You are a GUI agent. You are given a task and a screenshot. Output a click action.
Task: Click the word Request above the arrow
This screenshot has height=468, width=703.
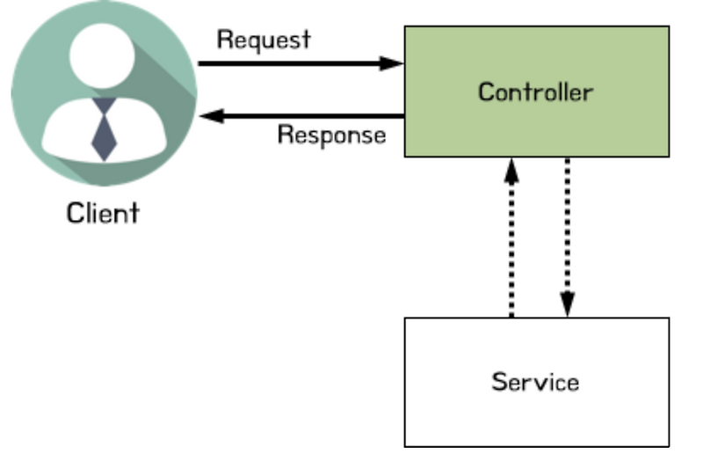click(x=264, y=40)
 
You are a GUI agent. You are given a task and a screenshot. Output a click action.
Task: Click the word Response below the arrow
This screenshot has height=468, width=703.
click(x=332, y=135)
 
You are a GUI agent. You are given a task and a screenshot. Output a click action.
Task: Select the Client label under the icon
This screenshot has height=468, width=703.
click(x=103, y=213)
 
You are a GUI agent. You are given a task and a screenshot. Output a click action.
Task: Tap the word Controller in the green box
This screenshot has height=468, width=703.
click(x=536, y=92)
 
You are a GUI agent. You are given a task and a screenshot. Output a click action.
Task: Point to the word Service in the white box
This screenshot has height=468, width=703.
click(x=535, y=382)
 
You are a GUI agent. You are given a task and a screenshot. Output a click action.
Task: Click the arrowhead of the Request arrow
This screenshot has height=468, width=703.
click(x=391, y=63)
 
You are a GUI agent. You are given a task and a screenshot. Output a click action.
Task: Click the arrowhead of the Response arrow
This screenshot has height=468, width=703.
click(x=212, y=116)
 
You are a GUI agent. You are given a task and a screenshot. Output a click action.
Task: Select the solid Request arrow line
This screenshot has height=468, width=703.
click(x=301, y=63)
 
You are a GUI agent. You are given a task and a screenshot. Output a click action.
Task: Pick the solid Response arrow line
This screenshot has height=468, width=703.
click(x=301, y=116)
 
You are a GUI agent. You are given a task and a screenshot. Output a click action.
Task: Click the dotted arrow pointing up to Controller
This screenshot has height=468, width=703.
click(x=511, y=238)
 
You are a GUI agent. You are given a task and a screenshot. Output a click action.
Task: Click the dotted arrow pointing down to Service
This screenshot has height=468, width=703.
click(x=568, y=238)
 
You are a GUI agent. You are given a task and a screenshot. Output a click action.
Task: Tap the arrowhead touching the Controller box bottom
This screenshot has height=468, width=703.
click(x=511, y=171)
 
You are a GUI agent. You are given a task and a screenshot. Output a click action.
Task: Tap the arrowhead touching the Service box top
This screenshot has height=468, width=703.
click(x=568, y=304)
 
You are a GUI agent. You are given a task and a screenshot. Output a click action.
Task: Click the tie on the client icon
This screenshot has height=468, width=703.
click(x=104, y=129)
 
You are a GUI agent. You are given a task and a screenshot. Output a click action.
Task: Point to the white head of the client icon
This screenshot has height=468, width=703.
click(x=102, y=56)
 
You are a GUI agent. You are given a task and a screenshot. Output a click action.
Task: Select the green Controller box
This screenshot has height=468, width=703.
click(x=537, y=91)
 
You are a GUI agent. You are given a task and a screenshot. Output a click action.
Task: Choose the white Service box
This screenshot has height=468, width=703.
click(x=537, y=383)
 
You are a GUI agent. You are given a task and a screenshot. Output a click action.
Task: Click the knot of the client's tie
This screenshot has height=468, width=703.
click(x=104, y=106)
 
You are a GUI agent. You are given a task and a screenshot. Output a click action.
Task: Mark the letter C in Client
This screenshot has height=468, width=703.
click(x=75, y=213)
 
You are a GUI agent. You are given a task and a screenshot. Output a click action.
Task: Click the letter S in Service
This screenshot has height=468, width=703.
click(x=500, y=382)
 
